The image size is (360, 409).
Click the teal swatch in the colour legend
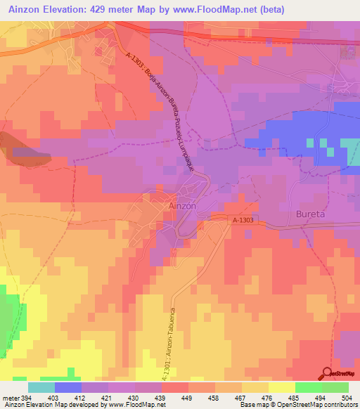point(41,387)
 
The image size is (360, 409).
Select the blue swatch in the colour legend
point(68,387)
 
